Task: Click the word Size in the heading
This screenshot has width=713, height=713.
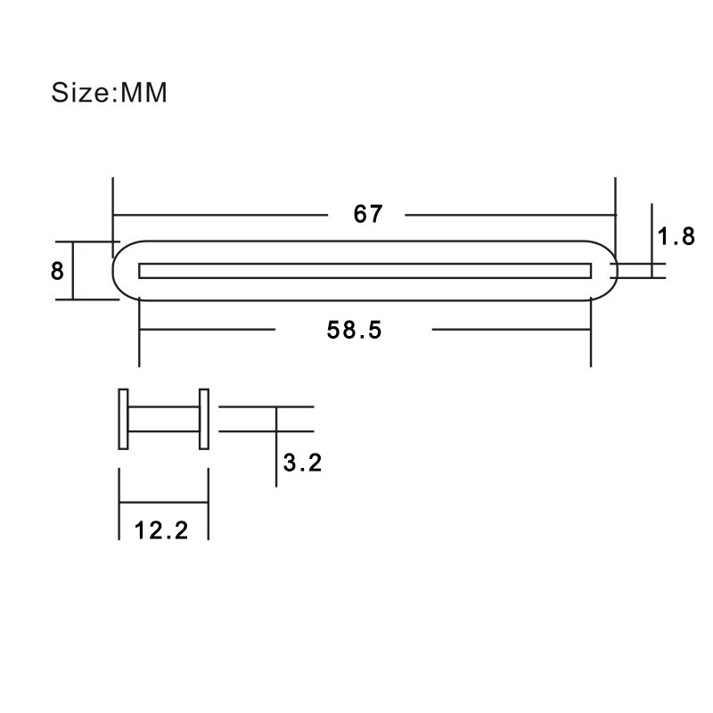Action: [79, 93]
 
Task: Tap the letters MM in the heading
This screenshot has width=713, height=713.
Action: [143, 93]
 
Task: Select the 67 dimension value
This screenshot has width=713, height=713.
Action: [368, 214]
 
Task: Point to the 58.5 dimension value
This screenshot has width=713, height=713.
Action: [354, 330]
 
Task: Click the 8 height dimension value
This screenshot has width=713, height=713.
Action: [57, 271]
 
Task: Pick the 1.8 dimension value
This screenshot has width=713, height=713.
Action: [676, 236]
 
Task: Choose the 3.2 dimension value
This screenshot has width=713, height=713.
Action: [302, 463]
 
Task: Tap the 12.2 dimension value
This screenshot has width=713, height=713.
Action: [161, 530]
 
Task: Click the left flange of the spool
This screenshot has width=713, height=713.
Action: [123, 419]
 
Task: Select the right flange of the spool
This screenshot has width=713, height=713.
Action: [204, 419]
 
